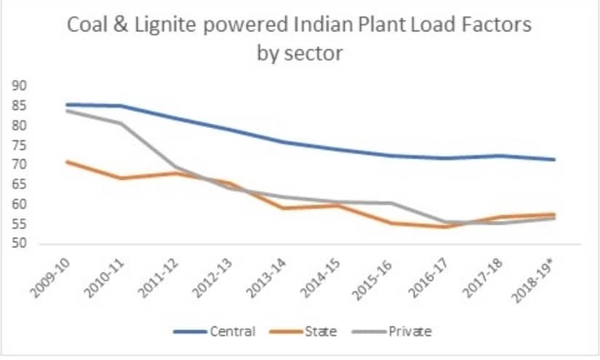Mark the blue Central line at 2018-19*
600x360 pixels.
[554, 159]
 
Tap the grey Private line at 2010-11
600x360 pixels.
[121, 123]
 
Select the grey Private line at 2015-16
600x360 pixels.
[391, 203]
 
